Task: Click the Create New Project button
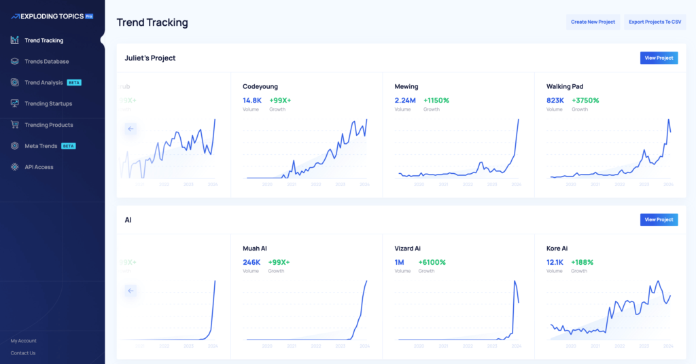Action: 593,22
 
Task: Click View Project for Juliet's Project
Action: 659,58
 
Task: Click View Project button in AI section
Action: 659,219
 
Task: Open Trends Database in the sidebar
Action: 46,62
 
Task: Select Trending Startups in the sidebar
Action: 48,104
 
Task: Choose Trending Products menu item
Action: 48,125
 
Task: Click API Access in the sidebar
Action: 39,167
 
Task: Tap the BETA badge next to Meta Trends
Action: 69,146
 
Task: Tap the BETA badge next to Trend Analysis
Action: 74,83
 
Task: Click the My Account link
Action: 24,341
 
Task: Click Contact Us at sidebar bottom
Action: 23,353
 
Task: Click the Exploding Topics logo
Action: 52,15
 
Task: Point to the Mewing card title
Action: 406,87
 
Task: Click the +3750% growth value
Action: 585,101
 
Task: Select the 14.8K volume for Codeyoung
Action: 252,101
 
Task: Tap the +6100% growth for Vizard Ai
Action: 432,262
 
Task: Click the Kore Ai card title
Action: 557,249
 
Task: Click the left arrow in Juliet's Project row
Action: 131,128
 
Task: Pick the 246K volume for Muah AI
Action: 251,262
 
